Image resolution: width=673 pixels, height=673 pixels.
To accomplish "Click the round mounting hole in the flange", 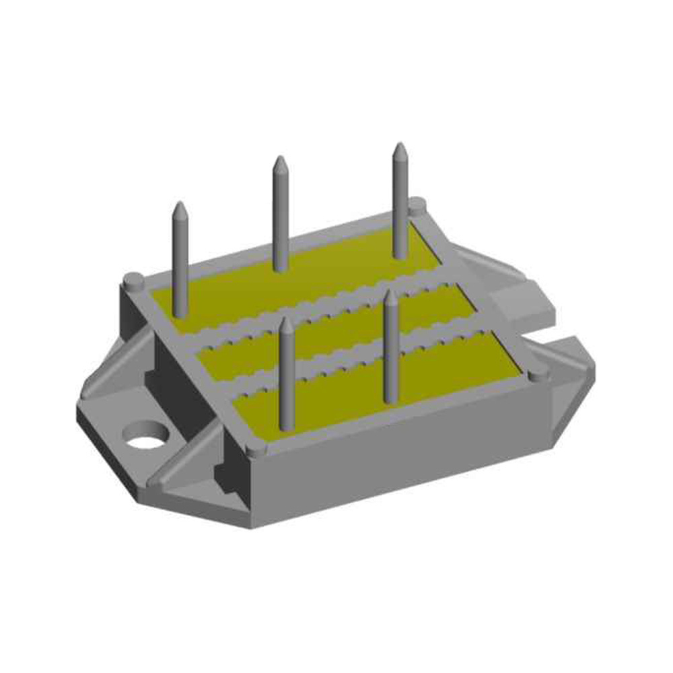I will [146, 435].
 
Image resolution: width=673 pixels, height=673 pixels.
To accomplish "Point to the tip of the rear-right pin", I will [399, 146].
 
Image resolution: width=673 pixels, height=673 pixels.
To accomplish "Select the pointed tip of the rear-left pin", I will [180, 205].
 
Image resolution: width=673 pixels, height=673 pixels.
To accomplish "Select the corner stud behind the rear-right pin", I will [417, 203].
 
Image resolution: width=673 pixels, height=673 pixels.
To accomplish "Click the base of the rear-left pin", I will [179, 311].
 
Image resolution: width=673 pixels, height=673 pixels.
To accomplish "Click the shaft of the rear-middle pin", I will [280, 215].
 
